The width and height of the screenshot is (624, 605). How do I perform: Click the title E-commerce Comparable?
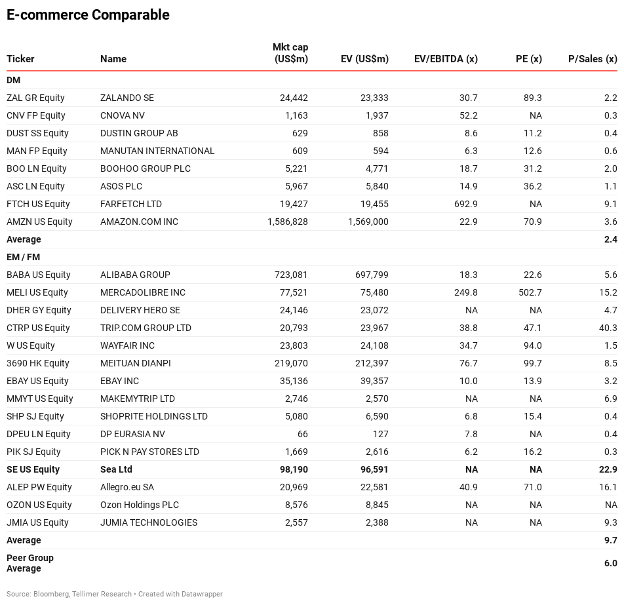88,14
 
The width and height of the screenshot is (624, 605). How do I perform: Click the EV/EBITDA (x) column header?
446,59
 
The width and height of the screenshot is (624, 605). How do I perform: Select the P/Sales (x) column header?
593,59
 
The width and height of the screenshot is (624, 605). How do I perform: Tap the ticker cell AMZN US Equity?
39,222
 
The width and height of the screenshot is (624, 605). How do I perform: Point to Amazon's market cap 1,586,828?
287,222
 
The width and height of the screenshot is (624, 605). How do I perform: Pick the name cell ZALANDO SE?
127,98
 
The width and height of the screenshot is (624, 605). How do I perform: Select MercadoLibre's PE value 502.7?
530,292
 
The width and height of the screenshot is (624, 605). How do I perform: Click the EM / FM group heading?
23,257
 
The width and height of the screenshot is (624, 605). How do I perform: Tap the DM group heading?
13,80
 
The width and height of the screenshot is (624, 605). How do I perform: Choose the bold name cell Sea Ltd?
116,469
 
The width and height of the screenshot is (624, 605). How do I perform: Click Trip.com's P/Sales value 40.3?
608,328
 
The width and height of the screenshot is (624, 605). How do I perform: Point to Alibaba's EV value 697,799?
372,275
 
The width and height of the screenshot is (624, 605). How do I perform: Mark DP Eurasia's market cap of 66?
302,434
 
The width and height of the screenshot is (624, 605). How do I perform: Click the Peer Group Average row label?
30,563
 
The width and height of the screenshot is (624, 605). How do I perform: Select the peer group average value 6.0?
611,563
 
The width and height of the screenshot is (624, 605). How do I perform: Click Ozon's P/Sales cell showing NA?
611,505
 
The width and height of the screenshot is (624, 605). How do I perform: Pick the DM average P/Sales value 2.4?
611,239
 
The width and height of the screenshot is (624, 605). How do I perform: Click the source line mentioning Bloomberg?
115,594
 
